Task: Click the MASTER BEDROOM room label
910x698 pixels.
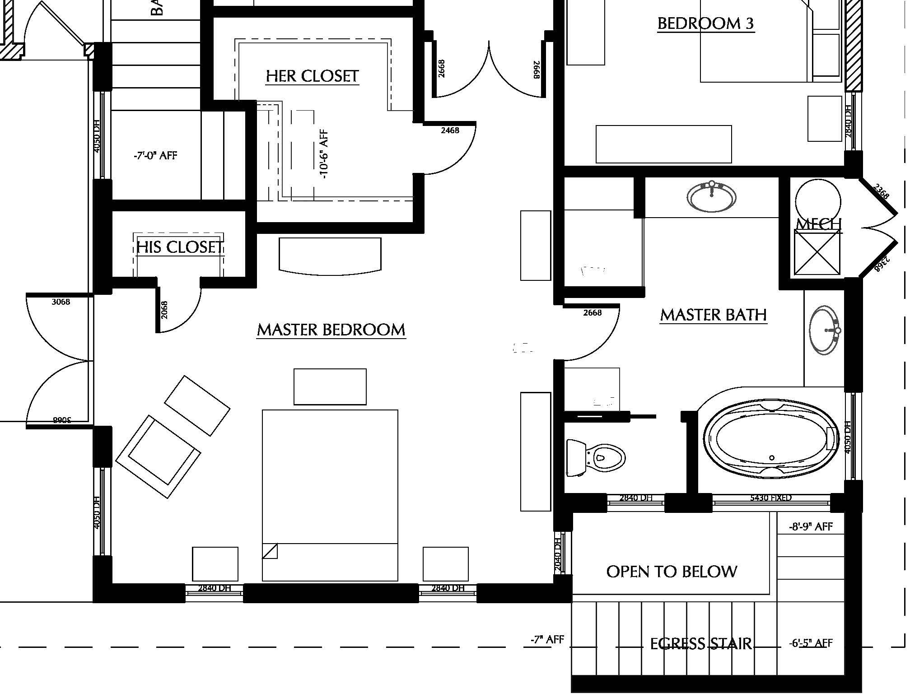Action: pyautogui.click(x=331, y=330)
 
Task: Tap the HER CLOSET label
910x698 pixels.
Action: pyautogui.click(x=312, y=76)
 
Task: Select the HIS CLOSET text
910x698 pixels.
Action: pyautogui.click(x=179, y=247)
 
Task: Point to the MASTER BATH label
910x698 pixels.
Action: pyautogui.click(x=713, y=315)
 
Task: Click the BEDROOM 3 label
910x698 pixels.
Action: pyautogui.click(x=705, y=23)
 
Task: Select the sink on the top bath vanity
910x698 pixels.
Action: pyautogui.click(x=711, y=197)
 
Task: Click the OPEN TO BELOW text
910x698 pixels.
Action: pyautogui.click(x=672, y=572)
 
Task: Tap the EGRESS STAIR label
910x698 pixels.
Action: pyautogui.click(x=700, y=643)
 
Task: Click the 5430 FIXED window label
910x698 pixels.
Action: pyautogui.click(x=770, y=498)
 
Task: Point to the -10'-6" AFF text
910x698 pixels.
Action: pyautogui.click(x=324, y=154)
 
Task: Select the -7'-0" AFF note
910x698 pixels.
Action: pyautogui.click(x=155, y=156)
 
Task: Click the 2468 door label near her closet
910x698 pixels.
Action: pyautogui.click(x=450, y=130)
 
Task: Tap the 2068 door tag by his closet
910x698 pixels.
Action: pyautogui.click(x=164, y=310)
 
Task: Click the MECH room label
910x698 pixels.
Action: pyautogui.click(x=818, y=224)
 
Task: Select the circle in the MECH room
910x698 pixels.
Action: pyautogui.click(x=818, y=202)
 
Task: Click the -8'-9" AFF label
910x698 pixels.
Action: pyautogui.click(x=811, y=526)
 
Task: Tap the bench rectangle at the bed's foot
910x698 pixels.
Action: pyautogui.click(x=330, y=386)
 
